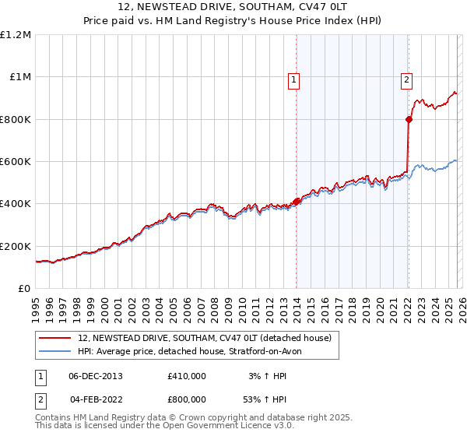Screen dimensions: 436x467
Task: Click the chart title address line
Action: click(233, 7)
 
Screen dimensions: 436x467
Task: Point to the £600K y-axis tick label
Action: click(16, 162)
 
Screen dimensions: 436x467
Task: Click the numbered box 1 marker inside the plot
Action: click(294, 79)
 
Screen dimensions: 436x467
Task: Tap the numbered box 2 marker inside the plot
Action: click(406, 79)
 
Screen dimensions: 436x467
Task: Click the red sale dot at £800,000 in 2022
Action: click(409, 119)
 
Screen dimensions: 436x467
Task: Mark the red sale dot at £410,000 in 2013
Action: click(296, 202)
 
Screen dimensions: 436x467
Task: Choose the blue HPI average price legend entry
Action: click(195, 351)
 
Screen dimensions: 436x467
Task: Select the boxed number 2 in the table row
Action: click(41, 399)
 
